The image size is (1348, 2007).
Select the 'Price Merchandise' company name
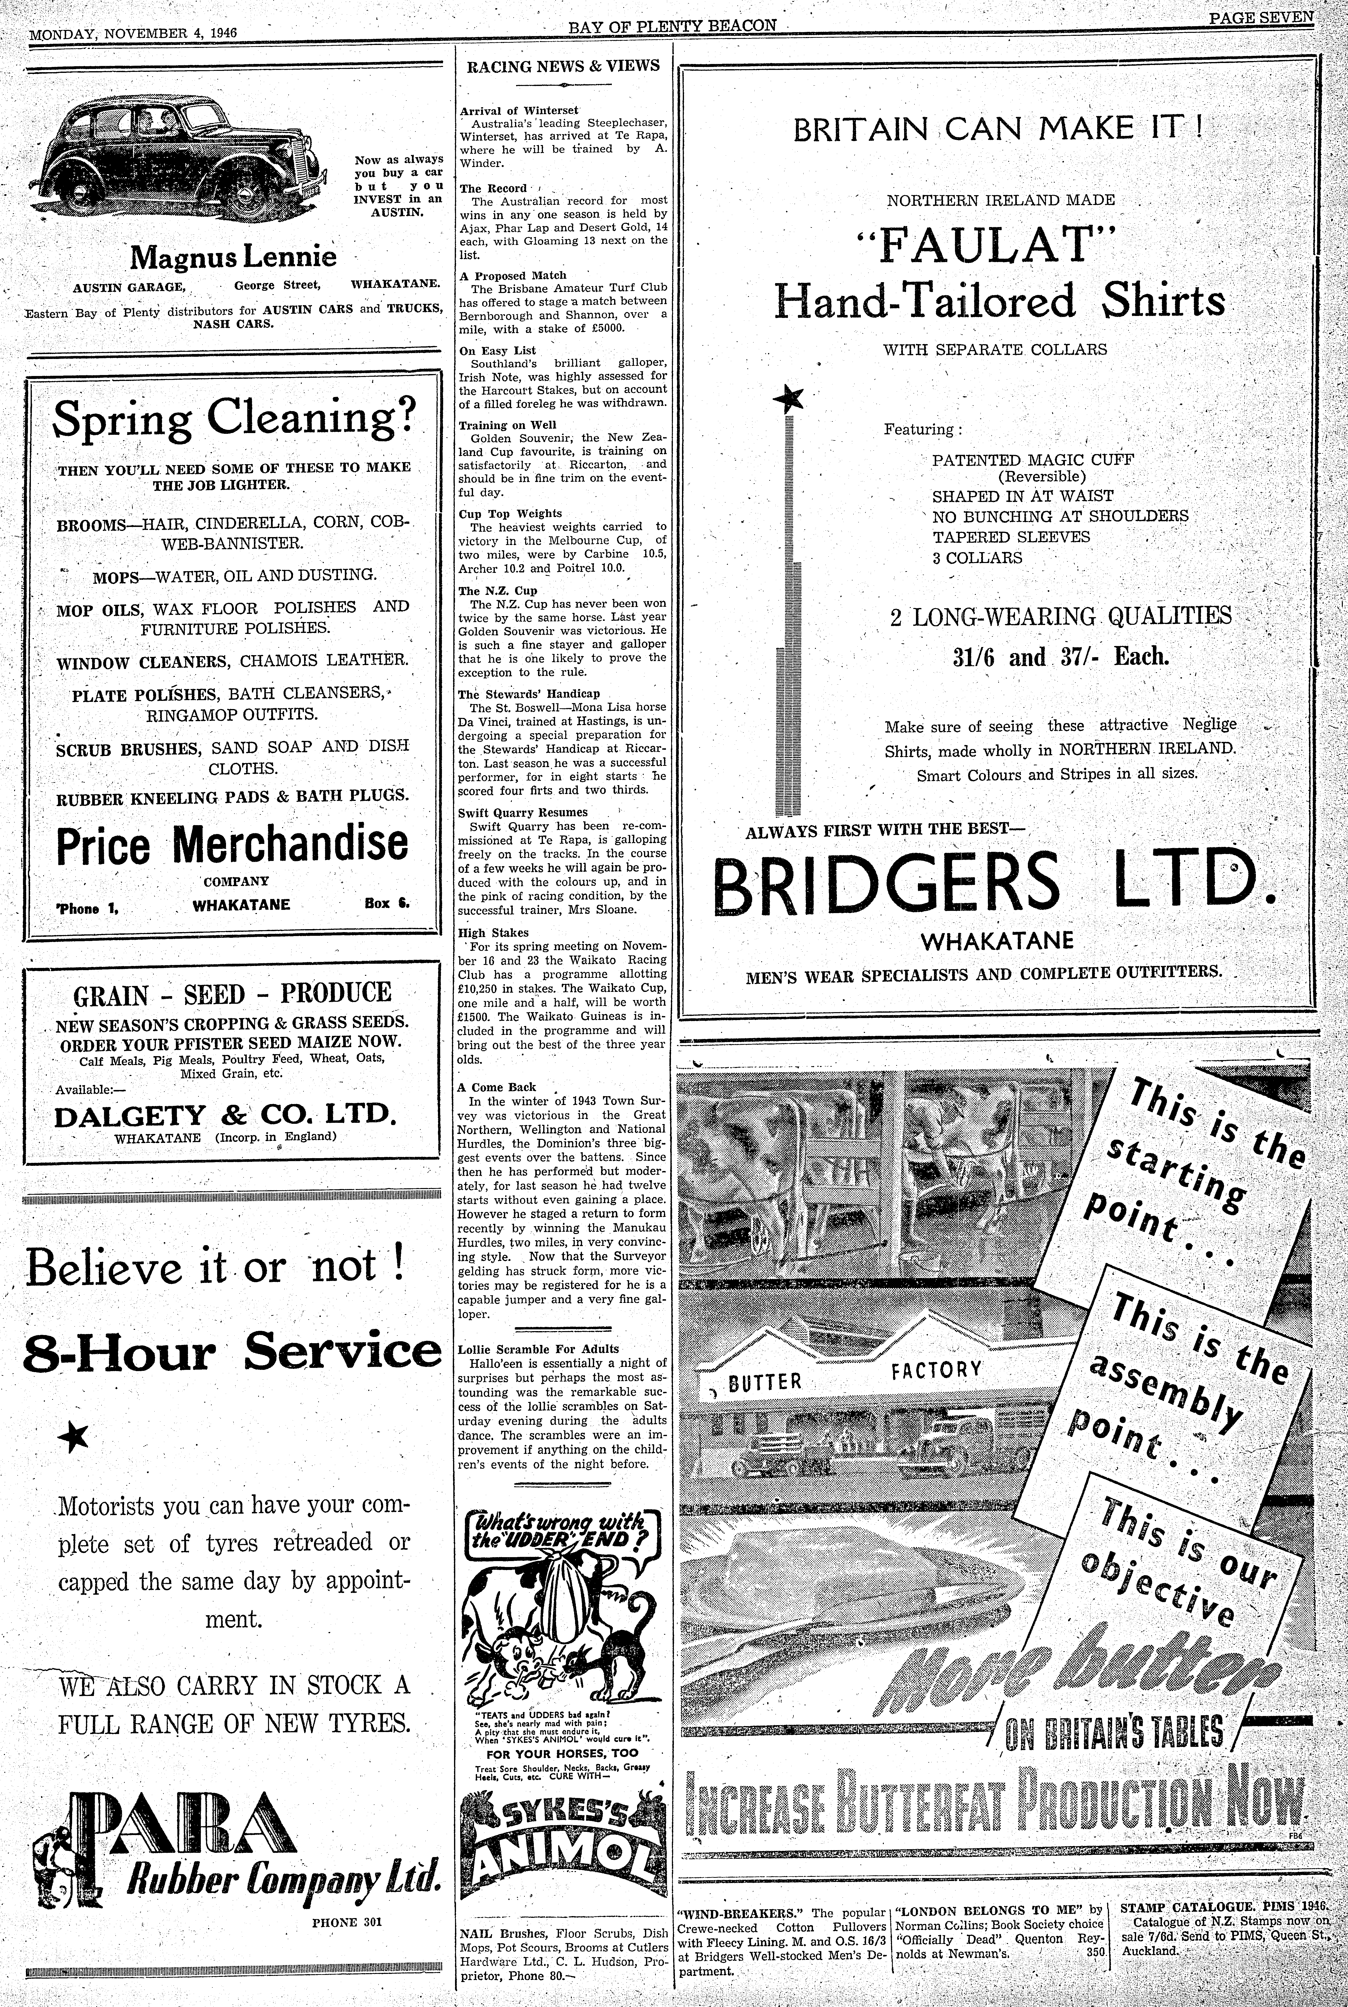232,845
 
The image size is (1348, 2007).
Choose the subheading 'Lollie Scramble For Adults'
538,1349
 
